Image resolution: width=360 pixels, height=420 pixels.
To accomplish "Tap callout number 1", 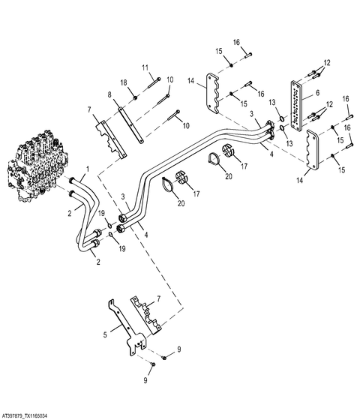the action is pos(87,169).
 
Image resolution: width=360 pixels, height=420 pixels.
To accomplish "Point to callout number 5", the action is pos(105,334).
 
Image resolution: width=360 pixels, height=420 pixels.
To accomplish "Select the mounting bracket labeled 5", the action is pos(128,329).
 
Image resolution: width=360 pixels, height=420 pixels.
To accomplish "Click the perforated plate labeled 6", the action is pos(296,106).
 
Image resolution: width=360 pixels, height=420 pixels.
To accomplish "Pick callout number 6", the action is pos(317,93).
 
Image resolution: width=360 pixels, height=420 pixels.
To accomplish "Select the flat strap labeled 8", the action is pos(131,125).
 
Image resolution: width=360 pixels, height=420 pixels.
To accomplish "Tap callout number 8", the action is pos(109,94).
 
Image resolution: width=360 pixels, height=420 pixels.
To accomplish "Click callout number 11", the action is pos(145,67).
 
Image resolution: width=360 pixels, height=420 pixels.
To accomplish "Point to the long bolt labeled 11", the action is pos(154,82).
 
